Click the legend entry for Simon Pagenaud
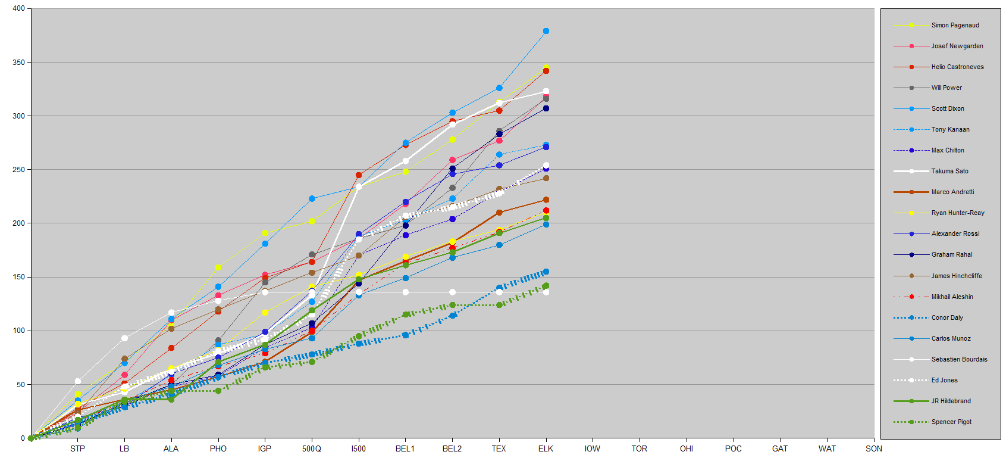(x=955, y=25)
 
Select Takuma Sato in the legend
(x=949, y=171)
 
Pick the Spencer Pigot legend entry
(x=951, y=422)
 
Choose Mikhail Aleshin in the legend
(x=952, y=297)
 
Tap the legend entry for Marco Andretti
(x=952, y=192)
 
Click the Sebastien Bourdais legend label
(x=959, y=359)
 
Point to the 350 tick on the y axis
(x=18, y=63)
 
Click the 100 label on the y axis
(x=18, y=331)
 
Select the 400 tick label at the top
(x=18, y=8)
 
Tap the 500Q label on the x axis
(x=312, y=448)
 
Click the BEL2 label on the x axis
(x=452, y=448)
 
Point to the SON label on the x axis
(x=874, y=448)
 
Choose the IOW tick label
(x=593, y=448)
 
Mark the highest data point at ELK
(x=546, y=31)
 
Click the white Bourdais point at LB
(x=124, y=338)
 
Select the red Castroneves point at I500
(x=359, y=175)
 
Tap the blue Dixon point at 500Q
(x=312, y=198)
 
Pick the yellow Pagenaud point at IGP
(x=265, y=233)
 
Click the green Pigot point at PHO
(x=218, y=391)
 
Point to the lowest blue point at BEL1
(x=406, y=335)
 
